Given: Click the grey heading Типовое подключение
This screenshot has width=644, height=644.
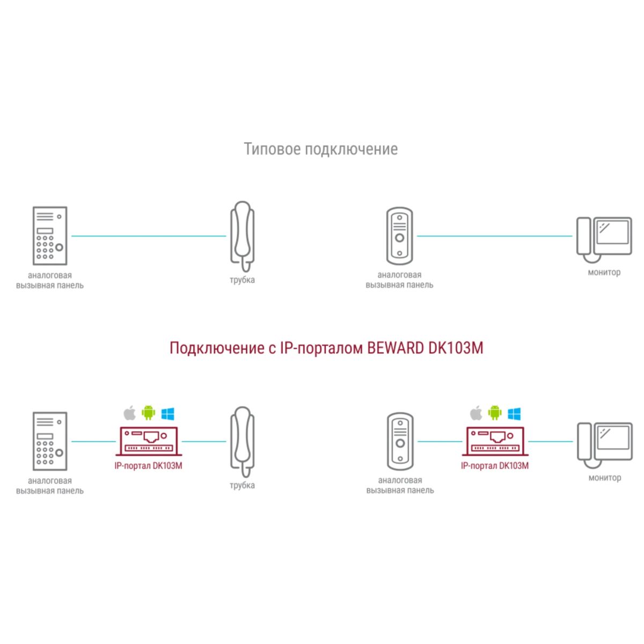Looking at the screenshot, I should point(321,149).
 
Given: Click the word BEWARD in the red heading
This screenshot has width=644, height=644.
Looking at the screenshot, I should point(396,348).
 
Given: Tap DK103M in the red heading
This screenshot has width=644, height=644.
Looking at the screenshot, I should point(456,348).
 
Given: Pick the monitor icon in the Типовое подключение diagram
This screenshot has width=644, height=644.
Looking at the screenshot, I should point(604,239).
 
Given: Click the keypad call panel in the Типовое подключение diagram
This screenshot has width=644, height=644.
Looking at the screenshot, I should point(50,236).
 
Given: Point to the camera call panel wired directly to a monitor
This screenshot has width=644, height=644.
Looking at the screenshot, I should point(399,236).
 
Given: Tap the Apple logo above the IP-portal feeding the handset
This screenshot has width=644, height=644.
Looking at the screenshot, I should point(129,413).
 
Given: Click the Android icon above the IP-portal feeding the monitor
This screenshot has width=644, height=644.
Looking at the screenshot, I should point(495,413).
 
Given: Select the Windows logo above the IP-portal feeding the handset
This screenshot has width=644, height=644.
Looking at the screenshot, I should point(168,413).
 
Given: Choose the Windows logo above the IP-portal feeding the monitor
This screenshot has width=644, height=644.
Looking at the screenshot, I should point(514,413).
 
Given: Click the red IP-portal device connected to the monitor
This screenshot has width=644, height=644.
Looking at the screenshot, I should point(495,442).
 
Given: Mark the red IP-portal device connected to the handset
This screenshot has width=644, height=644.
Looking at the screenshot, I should point(149,442).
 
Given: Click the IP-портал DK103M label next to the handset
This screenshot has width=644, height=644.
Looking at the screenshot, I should point(148,466).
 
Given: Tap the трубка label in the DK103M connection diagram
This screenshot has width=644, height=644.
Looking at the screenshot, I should point(242,485).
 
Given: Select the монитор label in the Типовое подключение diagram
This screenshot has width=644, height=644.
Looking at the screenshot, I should point(604,272).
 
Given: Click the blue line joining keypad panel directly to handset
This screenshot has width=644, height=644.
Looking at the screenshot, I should point(149,236).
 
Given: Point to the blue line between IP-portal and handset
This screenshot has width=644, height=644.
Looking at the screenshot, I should point(204,442).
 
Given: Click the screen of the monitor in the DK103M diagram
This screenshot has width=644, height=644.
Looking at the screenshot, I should point(613,438).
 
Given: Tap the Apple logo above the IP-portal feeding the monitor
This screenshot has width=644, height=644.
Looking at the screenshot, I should point(475,413).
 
